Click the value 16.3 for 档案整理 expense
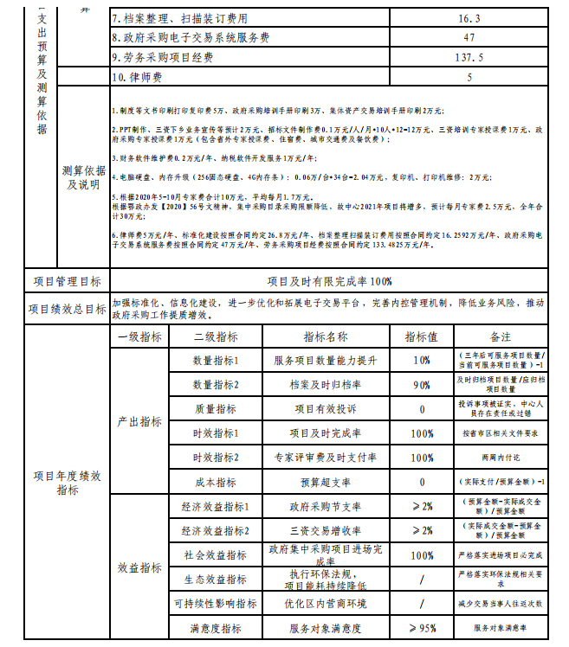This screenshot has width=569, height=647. (x=469, y=18)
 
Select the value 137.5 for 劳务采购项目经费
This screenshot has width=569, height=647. (x=469, y=57)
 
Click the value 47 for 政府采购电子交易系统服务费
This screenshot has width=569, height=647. (x=469, y=38)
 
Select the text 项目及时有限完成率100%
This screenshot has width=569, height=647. (x=329, y=281)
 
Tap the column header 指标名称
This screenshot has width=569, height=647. (x=326, y=336)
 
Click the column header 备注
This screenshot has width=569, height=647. (x=501, y=336)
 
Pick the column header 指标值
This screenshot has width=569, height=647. (x=422, y=336)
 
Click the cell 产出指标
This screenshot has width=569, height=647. (x=139, y=421)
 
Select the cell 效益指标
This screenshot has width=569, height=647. (x=139, y=567)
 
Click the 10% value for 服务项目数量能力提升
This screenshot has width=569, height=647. (x=422, y=360)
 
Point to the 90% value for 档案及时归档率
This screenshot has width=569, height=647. (x=422, y=384)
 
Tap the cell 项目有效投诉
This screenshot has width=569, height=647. (x=326, y=408)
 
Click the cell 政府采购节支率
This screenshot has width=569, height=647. (x=326, y=506)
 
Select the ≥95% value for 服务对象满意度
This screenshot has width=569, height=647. (x=422, y=628)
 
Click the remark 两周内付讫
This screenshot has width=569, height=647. (x=501, y=458)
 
